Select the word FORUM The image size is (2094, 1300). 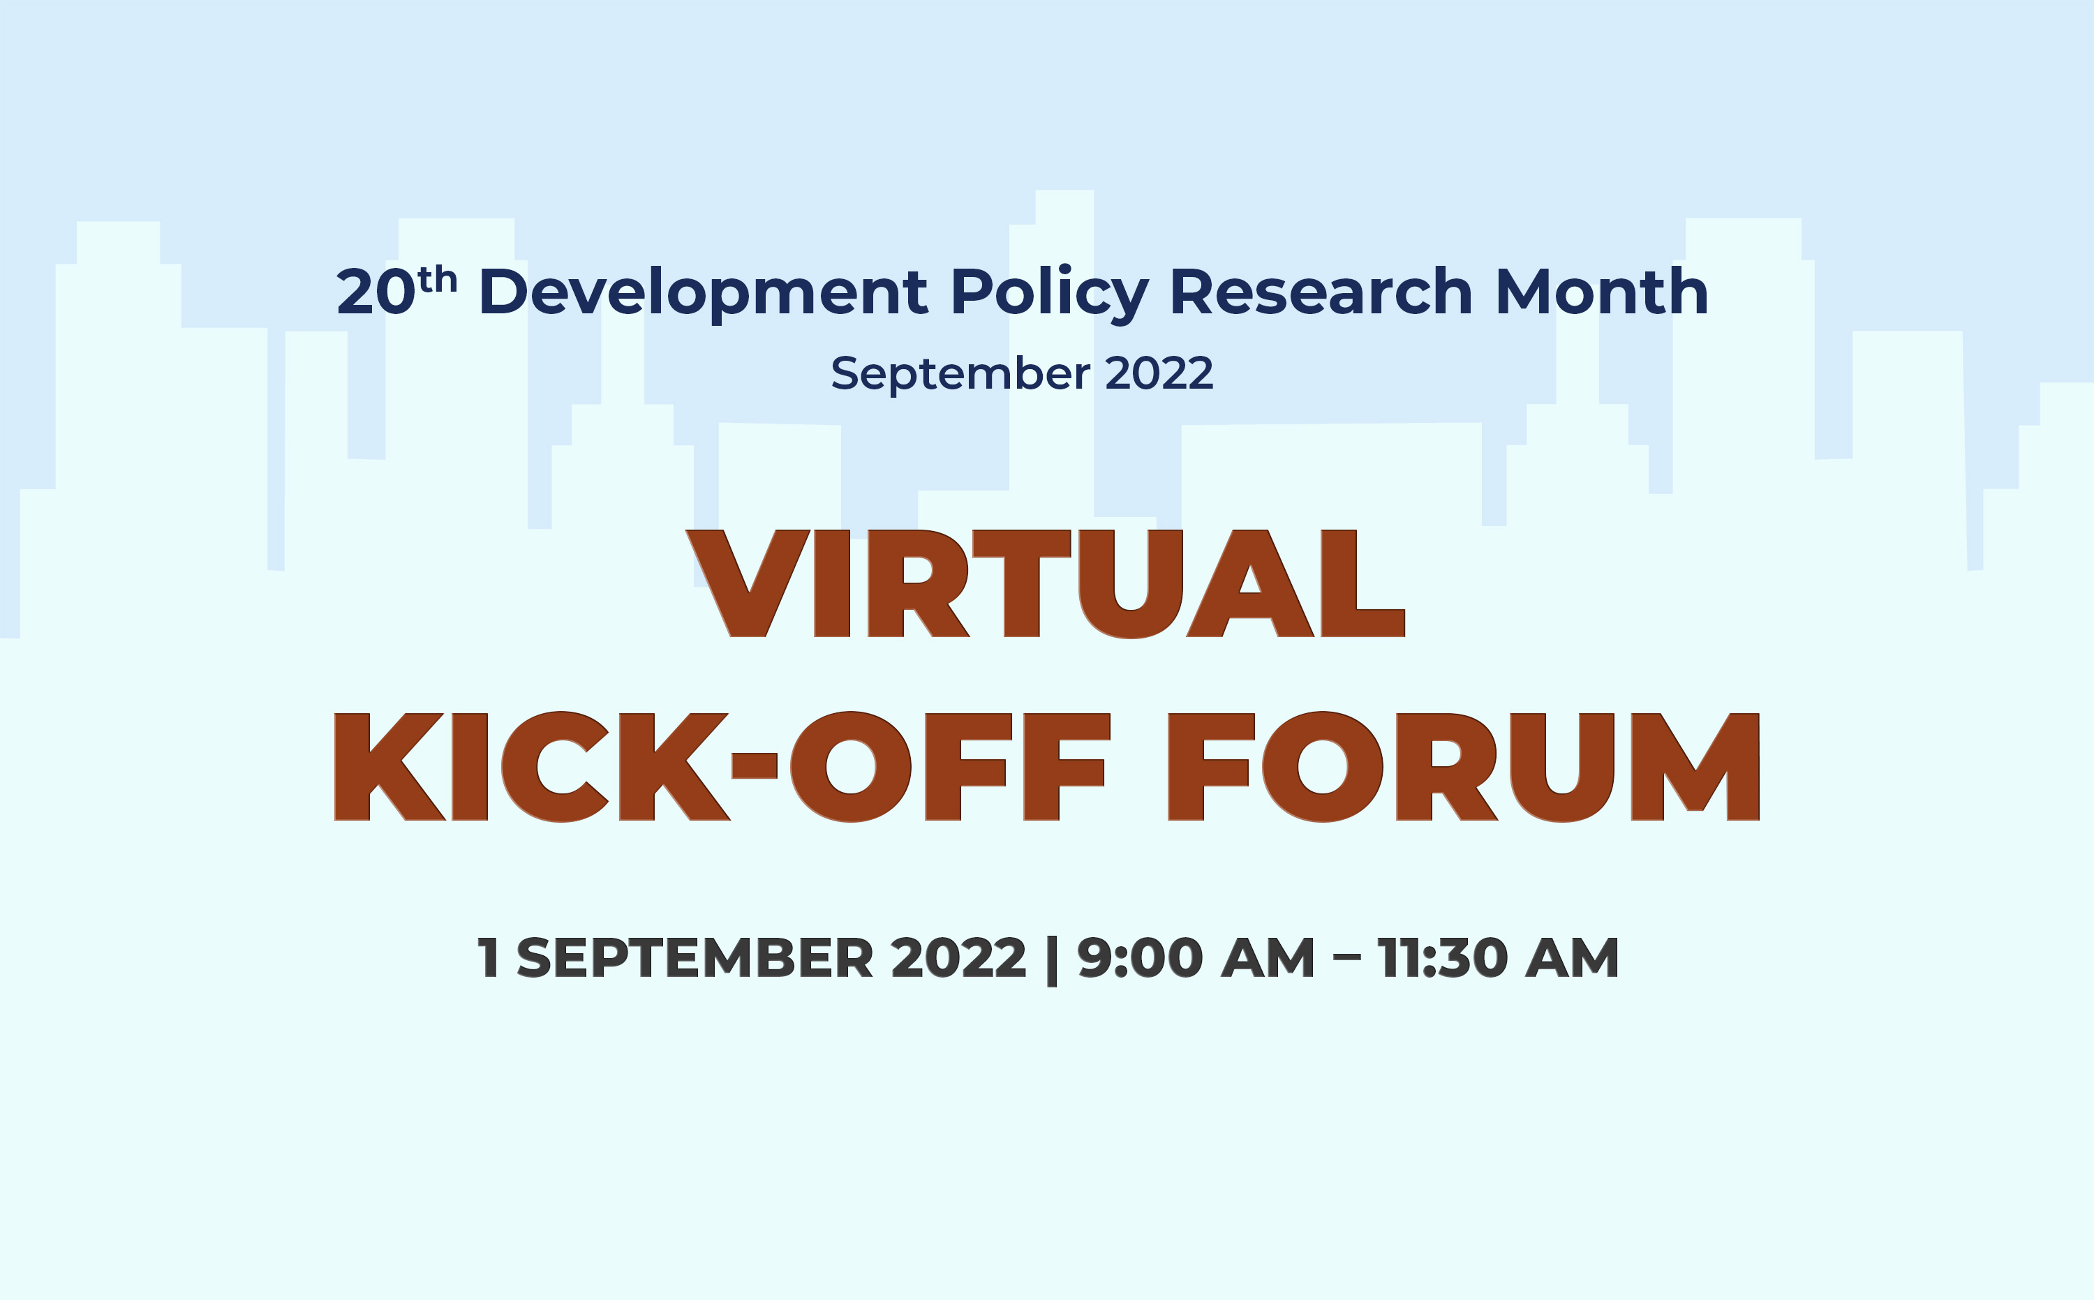click(x=1464, y=766)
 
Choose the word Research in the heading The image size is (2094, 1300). click(x=1322, y=292)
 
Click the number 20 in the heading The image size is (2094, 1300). click(x=377, y=292)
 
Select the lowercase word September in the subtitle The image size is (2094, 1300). click(x=960, y=374)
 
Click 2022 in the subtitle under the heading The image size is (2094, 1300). click(x=1159, y=373)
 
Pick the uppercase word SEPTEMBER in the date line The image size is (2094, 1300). click(x=695, y=958)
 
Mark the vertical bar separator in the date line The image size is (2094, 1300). click(x=1051, y=960)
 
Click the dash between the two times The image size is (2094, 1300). click(x=1346, y=960)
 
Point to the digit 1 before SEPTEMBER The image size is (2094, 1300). click(x=489, y=958)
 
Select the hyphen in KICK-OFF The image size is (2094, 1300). click(x=754, y=765)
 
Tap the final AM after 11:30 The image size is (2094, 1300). click(x=1572, y=958)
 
